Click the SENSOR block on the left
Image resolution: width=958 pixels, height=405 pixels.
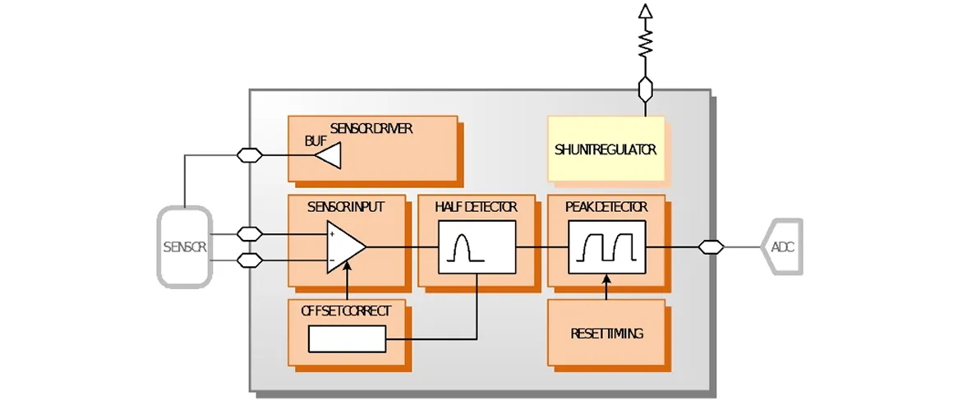(185, 246)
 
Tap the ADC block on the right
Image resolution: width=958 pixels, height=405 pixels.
(781, 246)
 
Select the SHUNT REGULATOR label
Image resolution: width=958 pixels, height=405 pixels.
(606, 150)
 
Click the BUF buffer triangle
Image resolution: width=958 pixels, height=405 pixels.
(328, 155)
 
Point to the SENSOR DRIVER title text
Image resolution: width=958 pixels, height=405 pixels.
(371, 129)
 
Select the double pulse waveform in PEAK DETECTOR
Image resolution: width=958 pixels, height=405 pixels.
(607, 246)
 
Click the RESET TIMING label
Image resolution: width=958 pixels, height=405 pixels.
(606, 334)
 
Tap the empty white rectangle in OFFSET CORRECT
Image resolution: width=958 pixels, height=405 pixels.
(347, 339)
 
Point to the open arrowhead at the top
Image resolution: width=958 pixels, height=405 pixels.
(645, 11)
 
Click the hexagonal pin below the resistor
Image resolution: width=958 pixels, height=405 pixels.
(645, 90)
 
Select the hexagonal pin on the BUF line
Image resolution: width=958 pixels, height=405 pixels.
(250, 155)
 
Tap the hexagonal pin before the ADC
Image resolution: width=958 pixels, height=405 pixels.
(712, 246)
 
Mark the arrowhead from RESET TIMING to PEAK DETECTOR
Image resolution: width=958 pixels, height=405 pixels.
(606, 278)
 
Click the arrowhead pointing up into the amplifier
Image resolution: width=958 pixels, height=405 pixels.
(347, 265)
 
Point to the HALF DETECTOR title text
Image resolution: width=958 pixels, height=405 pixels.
(476, 208)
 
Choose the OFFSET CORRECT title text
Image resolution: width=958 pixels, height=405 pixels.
(346, 311)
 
